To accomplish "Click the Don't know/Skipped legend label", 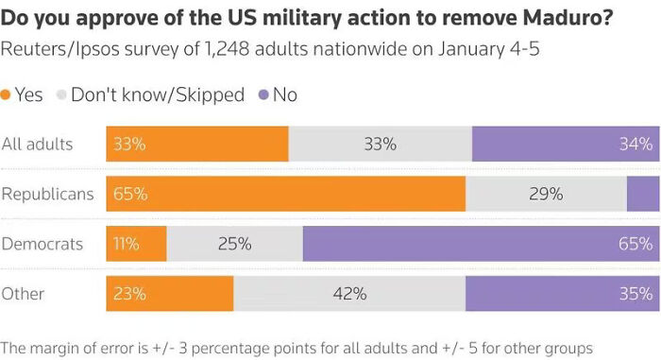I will coord(158,94).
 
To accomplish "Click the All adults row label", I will coord(38,144).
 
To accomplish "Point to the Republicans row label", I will coord(48,194).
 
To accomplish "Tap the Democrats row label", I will coord(43,244).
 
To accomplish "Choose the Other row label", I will coord(24,294).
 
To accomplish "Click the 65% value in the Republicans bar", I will coord(129,194).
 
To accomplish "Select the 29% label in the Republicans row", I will coord(546,194).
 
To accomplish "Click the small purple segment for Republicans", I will coord(643,194).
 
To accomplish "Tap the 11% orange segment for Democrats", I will coord(136,244).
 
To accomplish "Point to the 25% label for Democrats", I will coord(234,244).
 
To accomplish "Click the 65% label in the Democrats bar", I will coord(635,244).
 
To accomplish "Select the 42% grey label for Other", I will coord(349,294).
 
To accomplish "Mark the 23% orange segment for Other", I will coord(170,294).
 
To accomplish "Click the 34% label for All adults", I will coord(635,144).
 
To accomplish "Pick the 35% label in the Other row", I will coord(635,294).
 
